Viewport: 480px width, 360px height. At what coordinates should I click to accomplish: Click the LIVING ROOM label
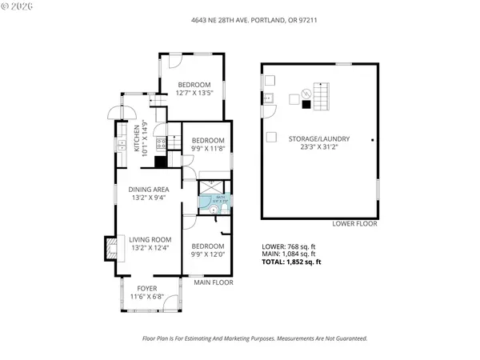point(151,238)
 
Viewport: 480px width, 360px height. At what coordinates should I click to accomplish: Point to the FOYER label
point(147,287)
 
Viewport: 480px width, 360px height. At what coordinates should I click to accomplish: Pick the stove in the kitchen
point(160,145)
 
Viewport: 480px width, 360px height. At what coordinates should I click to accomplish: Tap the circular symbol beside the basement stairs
point(304,91)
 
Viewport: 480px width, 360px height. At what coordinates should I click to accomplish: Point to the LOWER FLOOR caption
point(355,224)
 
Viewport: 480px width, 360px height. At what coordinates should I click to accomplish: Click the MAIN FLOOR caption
point(214,282)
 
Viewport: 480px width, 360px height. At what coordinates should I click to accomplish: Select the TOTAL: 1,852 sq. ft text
point(292,262)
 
